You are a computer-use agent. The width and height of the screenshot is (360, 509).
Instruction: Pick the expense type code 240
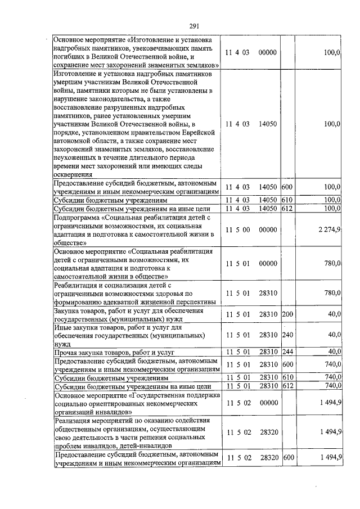(287, 335)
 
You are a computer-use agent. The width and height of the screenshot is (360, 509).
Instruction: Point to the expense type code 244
(287, 352)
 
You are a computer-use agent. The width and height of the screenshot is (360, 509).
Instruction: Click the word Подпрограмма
(78, 217)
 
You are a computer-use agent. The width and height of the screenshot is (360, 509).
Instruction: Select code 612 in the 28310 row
(287, 386)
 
